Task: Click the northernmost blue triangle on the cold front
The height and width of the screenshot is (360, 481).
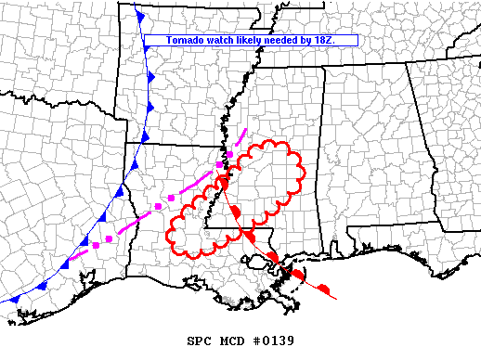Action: click(x=139, y=16)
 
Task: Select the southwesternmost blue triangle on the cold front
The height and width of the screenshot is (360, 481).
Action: click(x=14, y=300)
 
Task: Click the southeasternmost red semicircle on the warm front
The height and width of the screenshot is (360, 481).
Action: click(x=323, y=290)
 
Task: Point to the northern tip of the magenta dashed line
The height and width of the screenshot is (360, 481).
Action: click(x=247, y=129)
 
